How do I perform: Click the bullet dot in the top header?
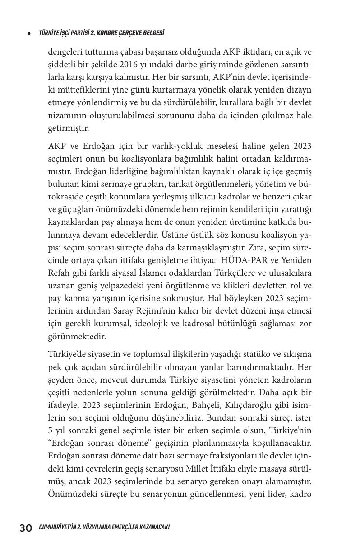tap(29, 33)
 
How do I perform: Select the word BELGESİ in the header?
tap(152, 33)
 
